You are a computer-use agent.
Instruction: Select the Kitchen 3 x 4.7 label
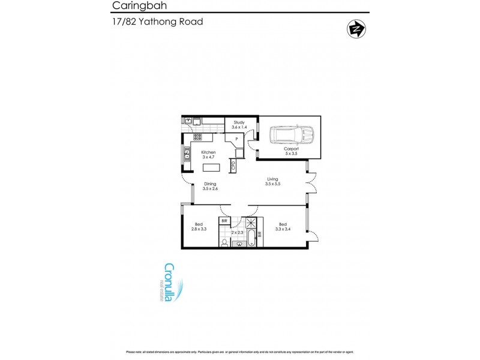tap(208, 155)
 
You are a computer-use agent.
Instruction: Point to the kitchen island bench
tap(210, 167)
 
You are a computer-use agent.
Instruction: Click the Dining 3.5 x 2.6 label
tap(210, 187)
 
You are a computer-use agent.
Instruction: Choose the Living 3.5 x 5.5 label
tap(273, 181)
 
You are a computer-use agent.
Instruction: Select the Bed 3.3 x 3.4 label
tap(283, 227)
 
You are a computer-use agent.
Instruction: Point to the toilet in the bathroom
tap(224, 243)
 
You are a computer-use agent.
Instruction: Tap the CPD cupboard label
tap(232, 164)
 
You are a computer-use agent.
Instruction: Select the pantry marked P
tap(237, 139)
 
